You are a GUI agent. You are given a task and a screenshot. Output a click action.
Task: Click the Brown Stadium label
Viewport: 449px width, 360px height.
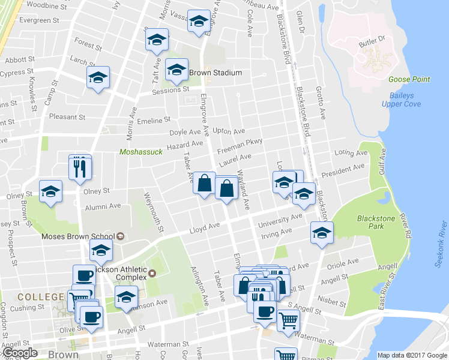pos(215,73)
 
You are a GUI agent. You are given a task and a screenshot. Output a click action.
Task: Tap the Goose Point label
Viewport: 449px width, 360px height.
pos(409,79)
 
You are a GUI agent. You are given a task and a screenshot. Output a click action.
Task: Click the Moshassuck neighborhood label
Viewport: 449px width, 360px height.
pos(141,152)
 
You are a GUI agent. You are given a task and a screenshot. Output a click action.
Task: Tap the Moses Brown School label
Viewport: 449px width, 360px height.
pos(77,236)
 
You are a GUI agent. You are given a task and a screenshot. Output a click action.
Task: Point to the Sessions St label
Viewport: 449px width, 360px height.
pos(170,89)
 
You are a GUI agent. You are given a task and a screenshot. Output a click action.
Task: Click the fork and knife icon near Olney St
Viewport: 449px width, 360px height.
pos(80,168)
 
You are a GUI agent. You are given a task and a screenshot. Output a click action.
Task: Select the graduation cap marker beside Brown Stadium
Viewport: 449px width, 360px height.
pos(176,70)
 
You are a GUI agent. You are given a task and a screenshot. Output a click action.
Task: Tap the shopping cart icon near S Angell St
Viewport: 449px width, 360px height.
pos(289,321)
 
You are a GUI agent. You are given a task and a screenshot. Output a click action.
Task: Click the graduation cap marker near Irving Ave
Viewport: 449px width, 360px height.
pos(322,232)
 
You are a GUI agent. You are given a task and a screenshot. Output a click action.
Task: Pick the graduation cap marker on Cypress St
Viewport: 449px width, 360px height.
pos(98,78)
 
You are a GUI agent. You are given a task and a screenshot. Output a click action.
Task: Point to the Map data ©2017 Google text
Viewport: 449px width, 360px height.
pos(412,355)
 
